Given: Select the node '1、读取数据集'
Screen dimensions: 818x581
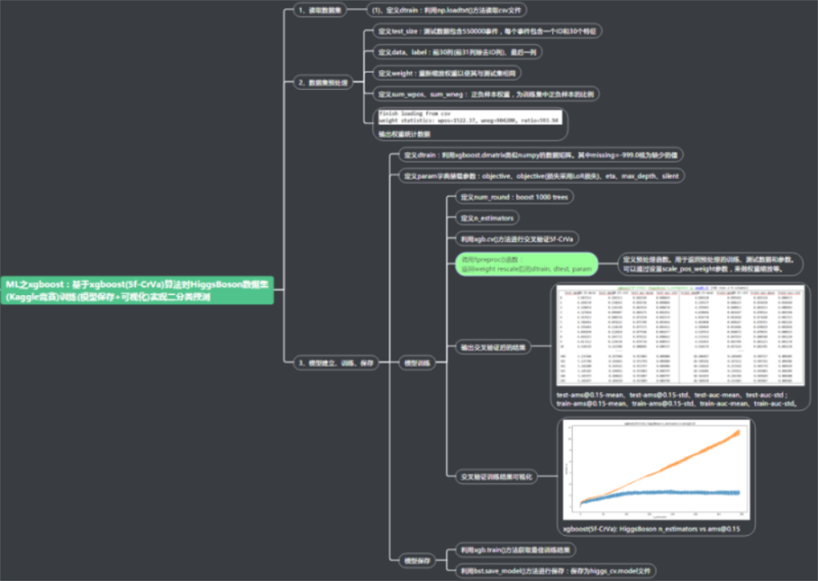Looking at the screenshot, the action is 320,11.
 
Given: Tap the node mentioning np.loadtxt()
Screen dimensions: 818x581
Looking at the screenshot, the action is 446,11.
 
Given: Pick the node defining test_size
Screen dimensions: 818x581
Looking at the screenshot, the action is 487,31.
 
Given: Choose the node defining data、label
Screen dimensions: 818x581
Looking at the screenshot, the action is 457,52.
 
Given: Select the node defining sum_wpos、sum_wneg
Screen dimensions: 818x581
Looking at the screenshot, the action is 488,94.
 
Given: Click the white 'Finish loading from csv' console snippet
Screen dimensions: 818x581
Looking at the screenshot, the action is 469,116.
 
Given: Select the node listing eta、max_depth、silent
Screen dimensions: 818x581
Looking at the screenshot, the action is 540,176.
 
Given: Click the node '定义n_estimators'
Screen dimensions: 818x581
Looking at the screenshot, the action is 487,218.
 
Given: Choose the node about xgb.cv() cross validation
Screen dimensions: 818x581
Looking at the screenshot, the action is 515,239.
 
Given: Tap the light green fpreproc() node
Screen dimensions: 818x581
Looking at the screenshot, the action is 526,264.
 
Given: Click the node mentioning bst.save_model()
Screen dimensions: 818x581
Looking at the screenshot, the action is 555,570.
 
